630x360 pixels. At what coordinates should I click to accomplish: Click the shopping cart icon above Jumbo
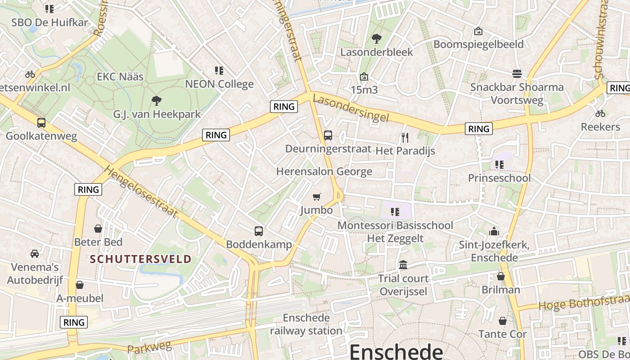pos(317,197)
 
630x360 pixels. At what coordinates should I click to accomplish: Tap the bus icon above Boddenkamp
pos(258,231)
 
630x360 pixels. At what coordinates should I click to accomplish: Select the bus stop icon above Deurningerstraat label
pos(328,135)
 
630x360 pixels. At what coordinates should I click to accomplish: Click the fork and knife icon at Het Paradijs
pos(405,137)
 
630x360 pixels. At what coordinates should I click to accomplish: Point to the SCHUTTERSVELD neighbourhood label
pos(140,259)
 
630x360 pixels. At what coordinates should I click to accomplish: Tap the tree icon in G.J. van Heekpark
pos(156,100)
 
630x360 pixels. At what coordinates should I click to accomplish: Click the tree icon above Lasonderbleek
pos(376,39)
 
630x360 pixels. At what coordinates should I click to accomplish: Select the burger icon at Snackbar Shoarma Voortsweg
pos(517,73)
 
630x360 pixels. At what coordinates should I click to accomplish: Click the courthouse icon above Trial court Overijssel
pos(403,265)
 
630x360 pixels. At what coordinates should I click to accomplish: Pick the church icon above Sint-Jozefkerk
pos(494,231)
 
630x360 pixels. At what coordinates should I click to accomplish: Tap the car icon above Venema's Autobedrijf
pos(35,253)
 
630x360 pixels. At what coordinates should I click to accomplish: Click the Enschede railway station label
pos(306,324)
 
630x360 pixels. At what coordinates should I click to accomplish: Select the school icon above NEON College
pos(219,70)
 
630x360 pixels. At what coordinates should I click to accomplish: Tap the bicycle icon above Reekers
pos(600,113)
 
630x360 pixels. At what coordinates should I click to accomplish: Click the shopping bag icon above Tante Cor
pos(502,321)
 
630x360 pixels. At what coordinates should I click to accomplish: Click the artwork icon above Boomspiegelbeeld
pos(478,31)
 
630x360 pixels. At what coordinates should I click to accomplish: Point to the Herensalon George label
pos(324,171)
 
